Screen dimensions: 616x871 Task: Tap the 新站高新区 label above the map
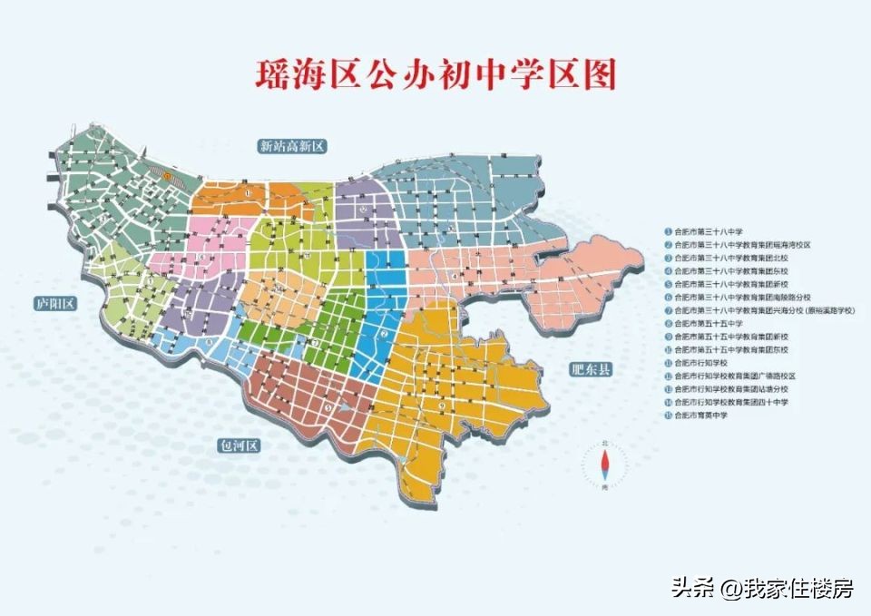291,146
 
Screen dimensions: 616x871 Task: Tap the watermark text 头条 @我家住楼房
762,588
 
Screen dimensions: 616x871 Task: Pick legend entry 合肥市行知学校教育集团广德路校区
735,376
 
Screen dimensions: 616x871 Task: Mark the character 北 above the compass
605,443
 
